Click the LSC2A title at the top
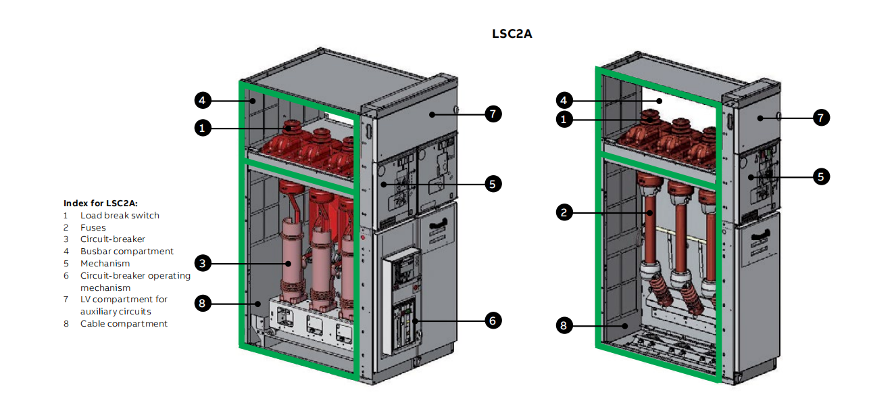[512, 33]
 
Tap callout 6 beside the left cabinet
[493, 321]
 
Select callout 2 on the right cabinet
[565, 212]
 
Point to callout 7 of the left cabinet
[493, 114]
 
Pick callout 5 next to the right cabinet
[820, 176]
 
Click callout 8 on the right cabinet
[565, 325]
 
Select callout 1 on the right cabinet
[565, 120]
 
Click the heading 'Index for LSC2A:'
[101, 203]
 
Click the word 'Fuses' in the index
[93, 227]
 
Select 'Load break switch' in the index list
[120, 215]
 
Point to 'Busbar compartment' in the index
[127, 252]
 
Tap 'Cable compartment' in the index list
[124, 324]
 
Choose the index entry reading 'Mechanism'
[105, 264]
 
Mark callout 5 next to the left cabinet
[493, 183]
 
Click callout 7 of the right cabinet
[820, 118]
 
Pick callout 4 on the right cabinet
[565, 101]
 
